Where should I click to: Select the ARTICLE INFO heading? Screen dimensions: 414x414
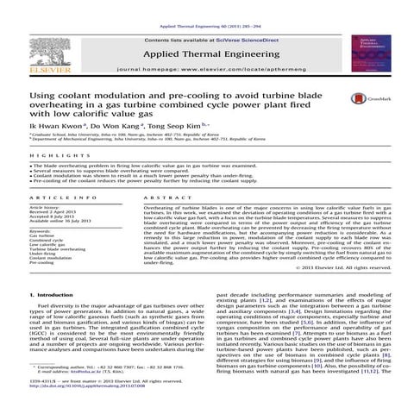click(57, 198)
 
